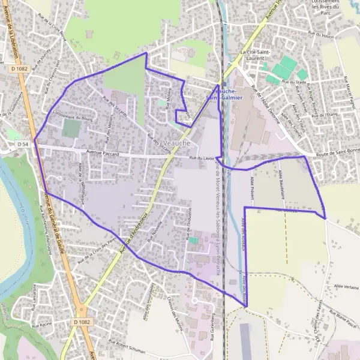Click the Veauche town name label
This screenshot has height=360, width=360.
[x=176, y=143]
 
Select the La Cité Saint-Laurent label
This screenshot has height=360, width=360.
[x=256, y=55]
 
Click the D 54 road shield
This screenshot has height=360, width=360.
[x=23, y=144]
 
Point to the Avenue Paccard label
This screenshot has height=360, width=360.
[x=103, y=154]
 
